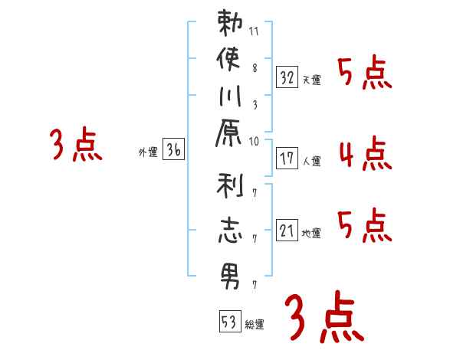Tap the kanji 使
pyautogui.click(x=229, y=59)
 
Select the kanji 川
pyautogui.click(x=229, y=99)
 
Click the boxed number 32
pyautogui.click(x=287, y=77)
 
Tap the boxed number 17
pyautogui.click(x=287, y=159)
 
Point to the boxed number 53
pyautogui.click(x=229, y=322)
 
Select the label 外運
pyautogui.click(x=147, y=152)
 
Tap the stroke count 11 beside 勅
pyautogui.click(x=255, y=31)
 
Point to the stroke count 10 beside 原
pyautogui.click(x=255, y=140)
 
